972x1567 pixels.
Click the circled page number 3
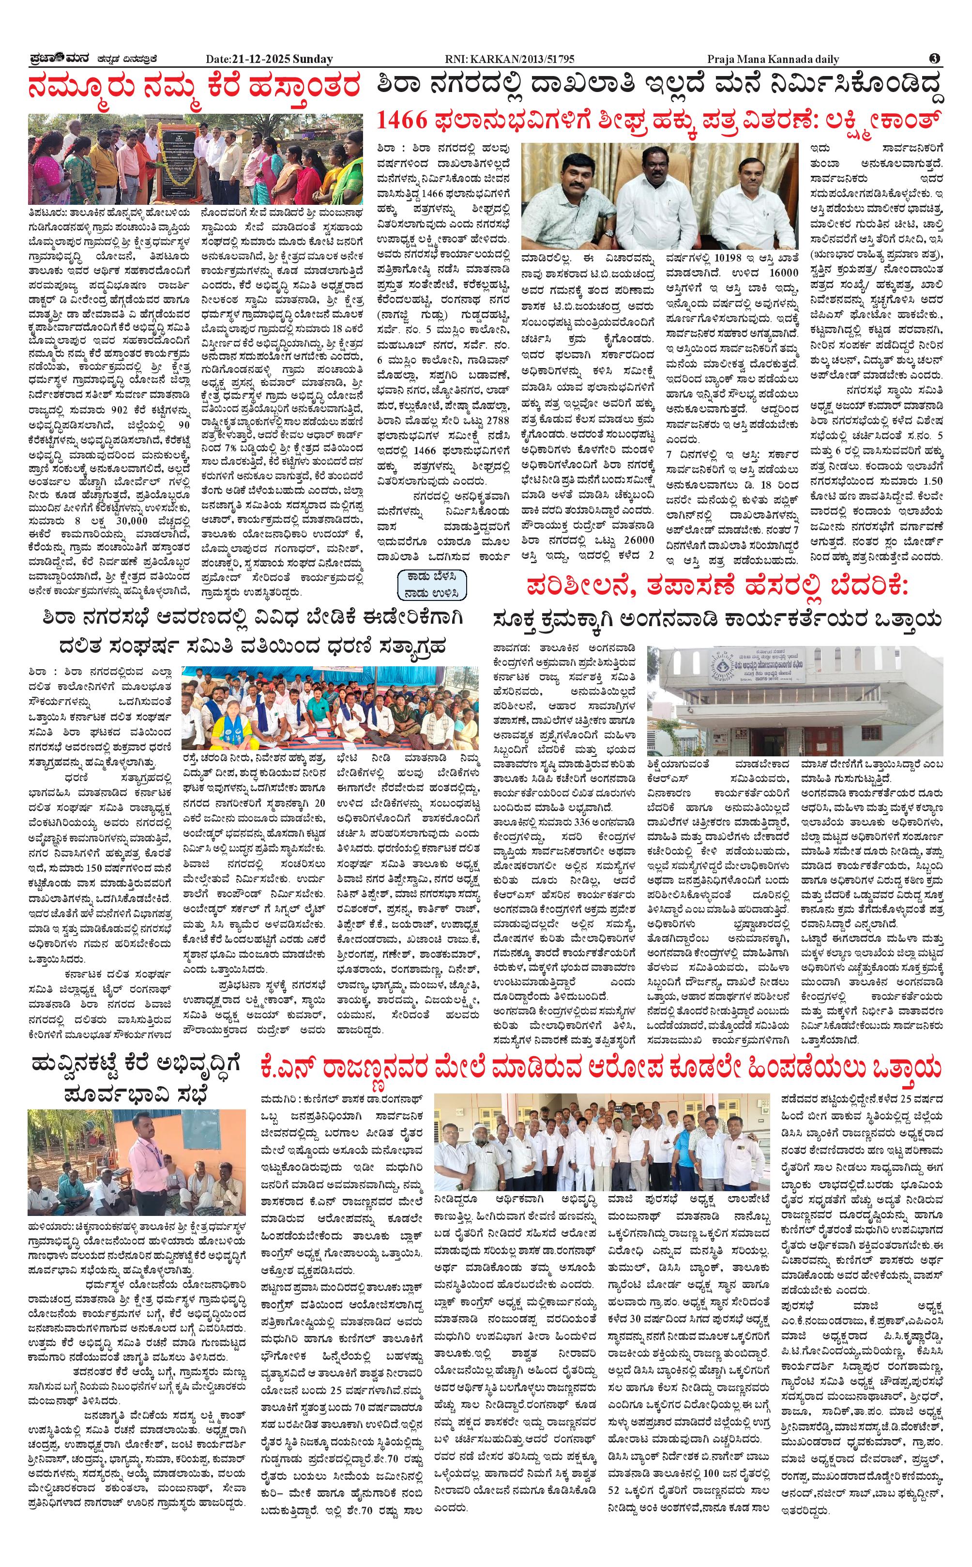[x=935, y=59]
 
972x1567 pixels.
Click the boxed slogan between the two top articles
[x=431, y=584]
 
